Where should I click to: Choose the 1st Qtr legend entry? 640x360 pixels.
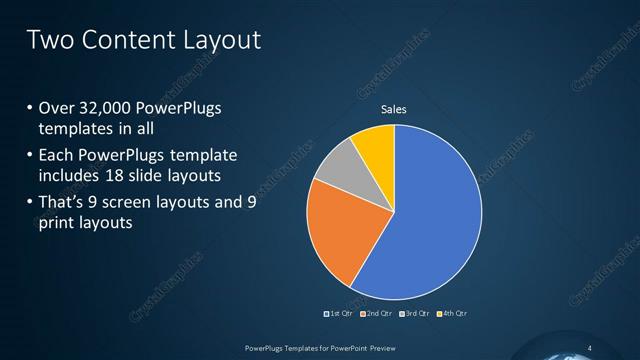coord(340,314)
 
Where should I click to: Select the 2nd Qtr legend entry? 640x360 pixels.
coord(376,314)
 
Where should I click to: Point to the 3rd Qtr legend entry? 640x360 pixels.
coord(414,314)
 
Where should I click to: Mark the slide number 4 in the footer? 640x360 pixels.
coord(589,347)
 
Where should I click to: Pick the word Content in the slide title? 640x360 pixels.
coord(123,40)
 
